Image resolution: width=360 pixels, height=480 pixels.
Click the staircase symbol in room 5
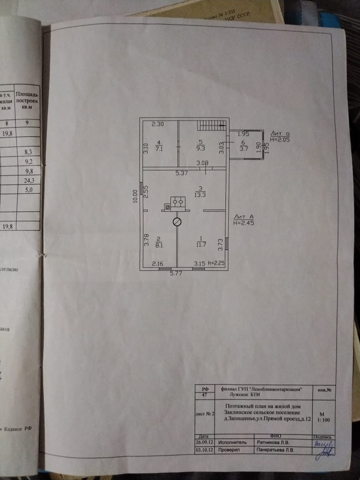coord(211,125)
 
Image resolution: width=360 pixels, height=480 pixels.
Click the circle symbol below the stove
coord(177,222)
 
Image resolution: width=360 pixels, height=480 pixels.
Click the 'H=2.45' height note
coord(244,223)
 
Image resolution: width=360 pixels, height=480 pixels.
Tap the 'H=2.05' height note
coord(279,140)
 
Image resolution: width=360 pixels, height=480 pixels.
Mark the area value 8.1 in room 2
coord(159,245)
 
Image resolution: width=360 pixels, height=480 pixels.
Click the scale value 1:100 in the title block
coord(322,420)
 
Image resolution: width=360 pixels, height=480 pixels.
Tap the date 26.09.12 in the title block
coord(204,442)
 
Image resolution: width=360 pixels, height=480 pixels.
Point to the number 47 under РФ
coord(204,394)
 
